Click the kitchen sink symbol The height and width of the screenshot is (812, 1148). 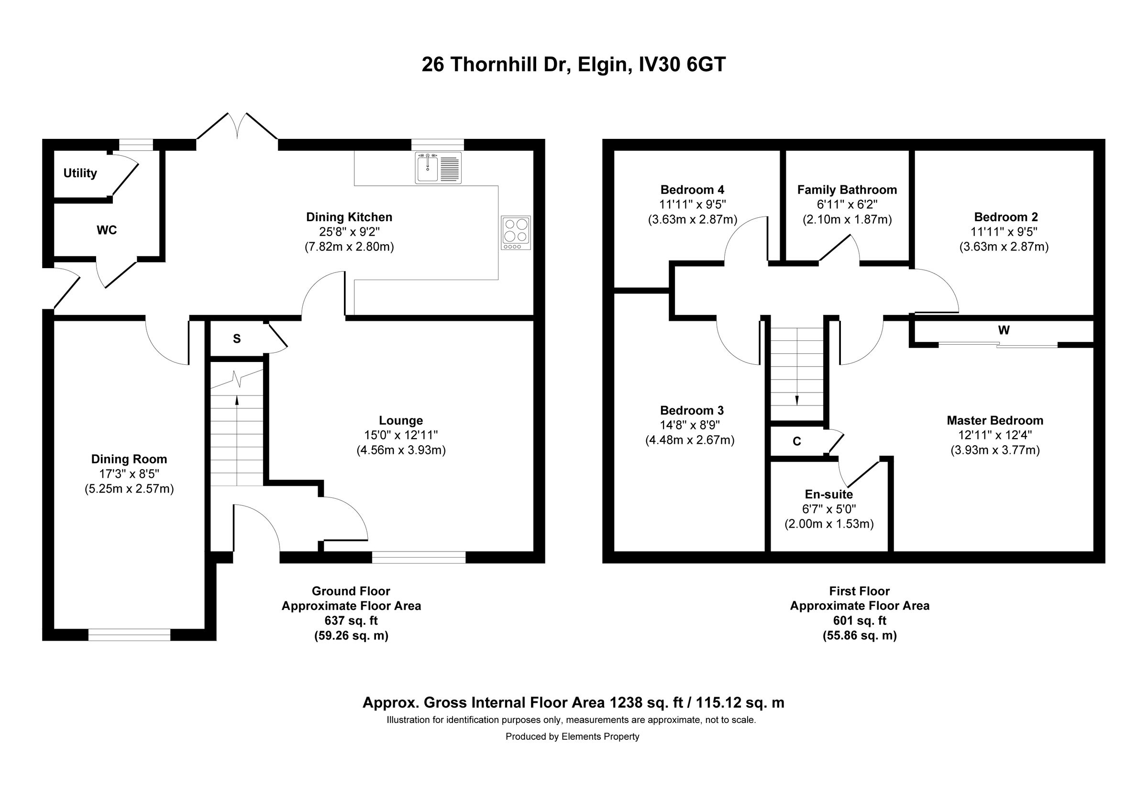(438, 169)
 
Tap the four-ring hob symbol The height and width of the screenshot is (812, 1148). (516, 233)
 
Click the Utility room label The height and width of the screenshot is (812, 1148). (80, 173)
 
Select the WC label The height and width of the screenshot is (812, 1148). (107, 230)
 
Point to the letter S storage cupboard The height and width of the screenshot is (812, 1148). (236, 338)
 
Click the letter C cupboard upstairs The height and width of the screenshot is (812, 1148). (796, 441)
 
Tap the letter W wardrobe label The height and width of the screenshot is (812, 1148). (1004, 330)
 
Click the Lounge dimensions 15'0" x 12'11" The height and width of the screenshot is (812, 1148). (400, 435)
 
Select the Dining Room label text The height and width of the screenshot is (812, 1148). (129, 459)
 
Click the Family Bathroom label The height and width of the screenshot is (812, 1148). (847, 190)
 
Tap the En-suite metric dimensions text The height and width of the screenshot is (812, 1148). (828, 524)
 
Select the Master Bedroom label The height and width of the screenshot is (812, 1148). (994, 420)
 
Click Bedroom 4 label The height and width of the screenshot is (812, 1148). (692, 190)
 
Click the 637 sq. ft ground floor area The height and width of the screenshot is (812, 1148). (351, 620)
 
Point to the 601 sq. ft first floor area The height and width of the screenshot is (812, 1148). (859, 620)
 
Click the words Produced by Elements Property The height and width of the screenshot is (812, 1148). (572, 736)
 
